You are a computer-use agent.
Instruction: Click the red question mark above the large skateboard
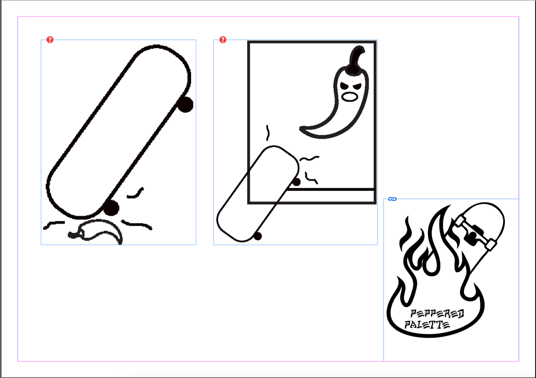(50, 39)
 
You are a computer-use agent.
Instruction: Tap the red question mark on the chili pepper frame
(223, 39)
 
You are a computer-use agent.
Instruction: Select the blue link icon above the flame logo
(392, 199)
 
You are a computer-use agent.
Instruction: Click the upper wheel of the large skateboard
(185, 104)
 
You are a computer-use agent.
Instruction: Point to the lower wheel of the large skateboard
(111, 208)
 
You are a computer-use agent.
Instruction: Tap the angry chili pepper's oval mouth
(350, 97)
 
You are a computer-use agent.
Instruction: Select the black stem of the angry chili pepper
(356, 60)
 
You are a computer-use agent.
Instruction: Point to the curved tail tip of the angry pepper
(302, 129)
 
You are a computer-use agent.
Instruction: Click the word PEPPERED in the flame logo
(437, 314)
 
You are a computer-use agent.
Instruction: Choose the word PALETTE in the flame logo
(427, 325)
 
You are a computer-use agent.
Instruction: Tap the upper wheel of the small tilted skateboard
(296, 182)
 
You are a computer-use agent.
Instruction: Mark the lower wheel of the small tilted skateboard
(258, 236)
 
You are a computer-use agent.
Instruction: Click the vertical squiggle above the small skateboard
(268, 133)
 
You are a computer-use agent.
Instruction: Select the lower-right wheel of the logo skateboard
(491, 245)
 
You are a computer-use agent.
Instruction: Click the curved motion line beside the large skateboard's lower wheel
(135, 193)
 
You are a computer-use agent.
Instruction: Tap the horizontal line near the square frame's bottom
(330, 189)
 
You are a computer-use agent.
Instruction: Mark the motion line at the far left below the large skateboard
(54, 225)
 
